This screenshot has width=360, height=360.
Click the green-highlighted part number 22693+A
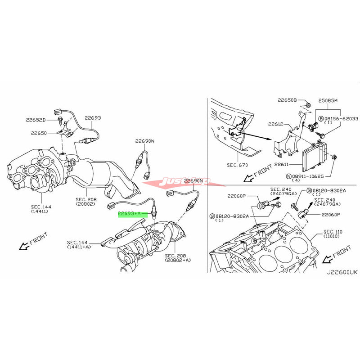pyautogui.click(x=129, y=214)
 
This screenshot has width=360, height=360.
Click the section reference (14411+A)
pyautogui.click(x=79, y=247)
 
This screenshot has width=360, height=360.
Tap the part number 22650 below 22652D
pyautogui.click(x=39, y=133)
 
